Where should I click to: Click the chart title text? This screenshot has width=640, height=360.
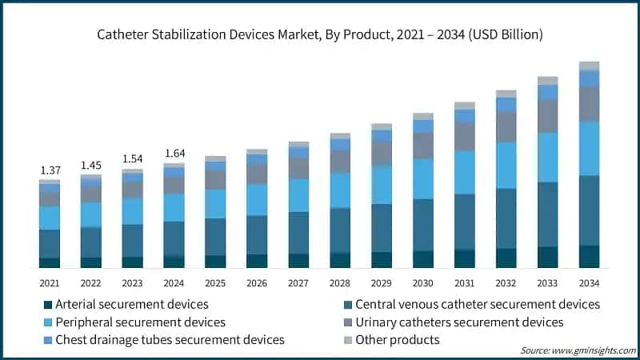tap(320, 34)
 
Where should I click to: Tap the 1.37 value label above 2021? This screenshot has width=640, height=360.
tap(50, 171)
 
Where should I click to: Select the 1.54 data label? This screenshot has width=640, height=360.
tap(132, 159)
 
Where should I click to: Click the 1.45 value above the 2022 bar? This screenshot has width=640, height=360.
tap(91, 166)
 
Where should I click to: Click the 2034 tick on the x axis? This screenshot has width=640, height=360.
tap(589, 283)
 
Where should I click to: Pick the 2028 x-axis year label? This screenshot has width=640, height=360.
tap(340, 283)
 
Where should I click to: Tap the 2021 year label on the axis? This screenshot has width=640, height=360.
tap(50, 283)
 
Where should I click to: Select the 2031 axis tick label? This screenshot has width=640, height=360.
tap(465, 283)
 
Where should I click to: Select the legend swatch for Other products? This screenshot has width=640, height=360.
tap(346, 340)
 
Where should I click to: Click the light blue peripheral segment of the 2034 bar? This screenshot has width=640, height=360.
tap(589, 148)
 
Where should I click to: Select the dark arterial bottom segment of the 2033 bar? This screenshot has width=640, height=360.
tap(548, 257)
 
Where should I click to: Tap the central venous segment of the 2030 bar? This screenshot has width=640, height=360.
tap(423, 224)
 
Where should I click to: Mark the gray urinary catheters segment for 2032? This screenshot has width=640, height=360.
tap(506, 126)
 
